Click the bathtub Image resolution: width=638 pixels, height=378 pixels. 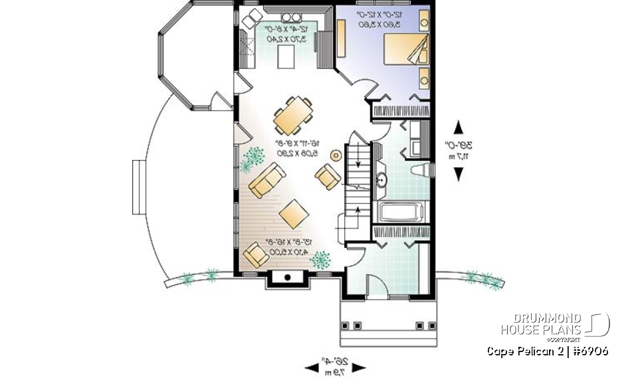[x=400, y=213]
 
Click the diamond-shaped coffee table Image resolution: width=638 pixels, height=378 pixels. [x=292, y=213]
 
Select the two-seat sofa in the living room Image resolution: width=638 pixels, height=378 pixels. [x=268, y=180]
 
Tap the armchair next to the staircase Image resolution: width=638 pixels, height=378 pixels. [x=328, y=177]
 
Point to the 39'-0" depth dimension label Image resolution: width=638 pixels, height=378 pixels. [x=458, y=150]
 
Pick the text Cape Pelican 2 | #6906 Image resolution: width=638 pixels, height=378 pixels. [x=547, y=351]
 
